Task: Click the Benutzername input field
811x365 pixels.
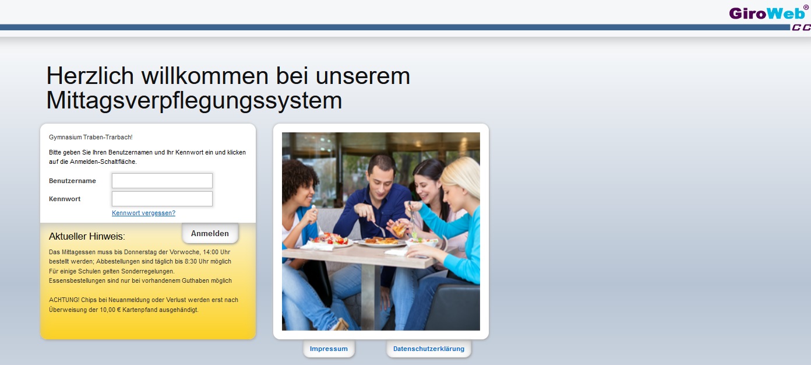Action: tap(162, 181)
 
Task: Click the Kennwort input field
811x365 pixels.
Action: tap(162, 199)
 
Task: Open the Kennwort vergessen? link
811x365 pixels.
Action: tap(143, 213)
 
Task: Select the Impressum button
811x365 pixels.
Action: tap(329, 349)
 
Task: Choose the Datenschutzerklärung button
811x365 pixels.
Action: tap(429, 349)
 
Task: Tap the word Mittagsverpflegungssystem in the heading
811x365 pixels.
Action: tap(194, 100)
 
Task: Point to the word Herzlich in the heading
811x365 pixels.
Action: tap(90, 76)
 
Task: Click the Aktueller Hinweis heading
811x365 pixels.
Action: tap(87, 236)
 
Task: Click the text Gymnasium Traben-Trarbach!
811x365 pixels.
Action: tap(90, 138)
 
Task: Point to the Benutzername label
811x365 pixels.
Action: tap(72, 181)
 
